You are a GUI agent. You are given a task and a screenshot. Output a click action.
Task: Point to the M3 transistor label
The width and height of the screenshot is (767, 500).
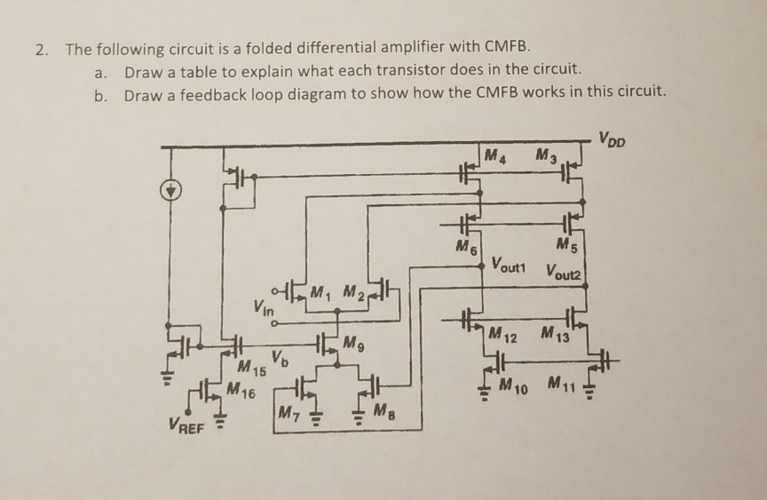point(548,157)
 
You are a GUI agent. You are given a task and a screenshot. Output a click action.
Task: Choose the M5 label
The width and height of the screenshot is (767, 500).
point(565,245)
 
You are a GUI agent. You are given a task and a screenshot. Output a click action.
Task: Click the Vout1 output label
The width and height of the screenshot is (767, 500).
point(510,265)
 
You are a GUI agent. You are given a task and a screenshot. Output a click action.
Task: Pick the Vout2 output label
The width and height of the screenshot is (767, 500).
point(565,271)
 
